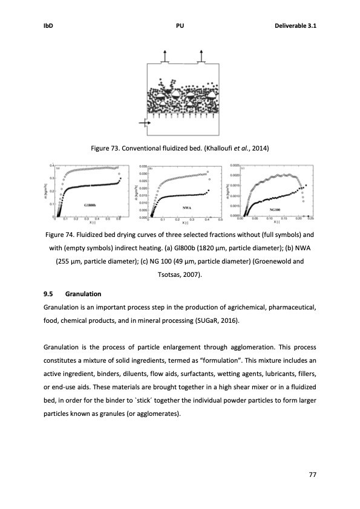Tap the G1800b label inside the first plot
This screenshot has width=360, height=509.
pos(92,206)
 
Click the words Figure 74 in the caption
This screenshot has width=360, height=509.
pos(62,233)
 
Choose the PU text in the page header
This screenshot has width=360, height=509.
pos(180,25)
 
